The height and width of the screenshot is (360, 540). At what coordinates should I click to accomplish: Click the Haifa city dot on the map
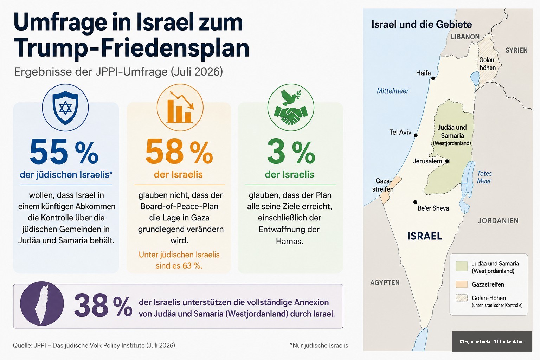click(433, 78)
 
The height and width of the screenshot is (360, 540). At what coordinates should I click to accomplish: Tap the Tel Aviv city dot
click(416, 135)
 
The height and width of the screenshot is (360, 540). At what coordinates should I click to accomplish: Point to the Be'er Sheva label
click(433, 208)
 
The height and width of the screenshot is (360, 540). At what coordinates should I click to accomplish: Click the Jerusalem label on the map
click(427, 161)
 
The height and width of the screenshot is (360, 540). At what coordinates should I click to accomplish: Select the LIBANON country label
click(465, 37)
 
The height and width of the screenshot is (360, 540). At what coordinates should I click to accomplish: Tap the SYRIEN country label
click(516, 50)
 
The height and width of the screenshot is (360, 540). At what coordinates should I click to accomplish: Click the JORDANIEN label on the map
click(498, 221)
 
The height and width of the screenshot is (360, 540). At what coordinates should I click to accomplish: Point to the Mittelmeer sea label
click(393, 91)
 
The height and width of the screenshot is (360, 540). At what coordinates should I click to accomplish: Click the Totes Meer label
click(484, 177)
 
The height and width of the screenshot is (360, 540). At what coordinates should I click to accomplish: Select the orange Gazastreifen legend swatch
click(462, 284)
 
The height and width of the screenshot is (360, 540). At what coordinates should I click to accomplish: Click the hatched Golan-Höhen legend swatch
click(462, 298)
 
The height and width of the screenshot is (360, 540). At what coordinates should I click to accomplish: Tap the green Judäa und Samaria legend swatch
click(462, 266)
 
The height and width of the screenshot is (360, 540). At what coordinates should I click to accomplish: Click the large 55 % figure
click(64, 152)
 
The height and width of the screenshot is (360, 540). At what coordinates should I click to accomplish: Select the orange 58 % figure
click(179, 152)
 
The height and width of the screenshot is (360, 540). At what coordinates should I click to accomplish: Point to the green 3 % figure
click(291, 152)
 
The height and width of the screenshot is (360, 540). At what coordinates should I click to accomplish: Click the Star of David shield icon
click(65, 108)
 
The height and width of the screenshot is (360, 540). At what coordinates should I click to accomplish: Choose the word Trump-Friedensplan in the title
click(131, 48)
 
